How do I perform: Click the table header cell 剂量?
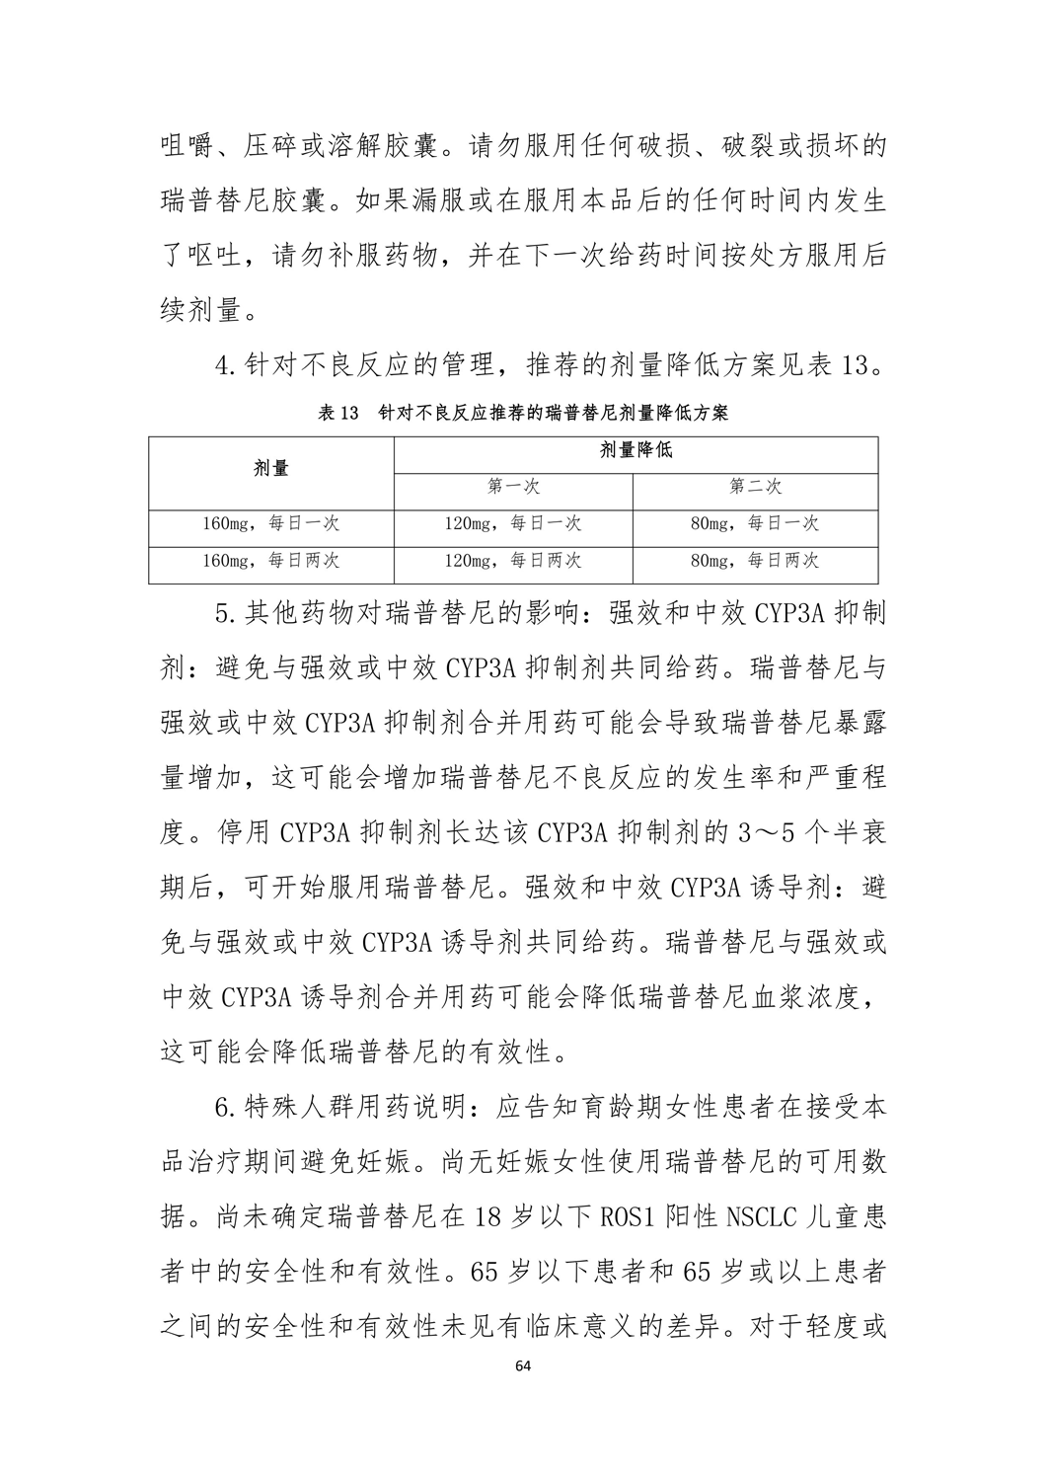click(x=271, y=468)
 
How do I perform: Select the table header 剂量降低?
click(x=636, y=450)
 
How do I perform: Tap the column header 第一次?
click(x=513, y=487)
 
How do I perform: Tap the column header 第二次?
click(x=756, y=487)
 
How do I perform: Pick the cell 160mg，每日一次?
click(x=271, y=523)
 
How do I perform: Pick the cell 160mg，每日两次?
click(x=271, y=561)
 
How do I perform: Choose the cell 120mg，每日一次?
click(x=513, y=523)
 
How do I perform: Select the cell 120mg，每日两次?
click(x=513, y=561)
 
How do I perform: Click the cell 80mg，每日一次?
click(x=756, y=523)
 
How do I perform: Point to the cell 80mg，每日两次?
click(x=756, y=561)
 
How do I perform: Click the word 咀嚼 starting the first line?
click(x=187, y=147)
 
